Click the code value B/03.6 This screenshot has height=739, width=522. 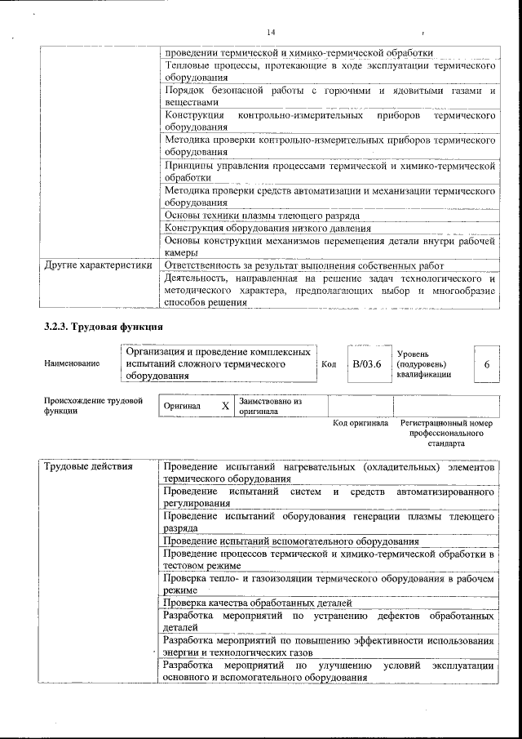coord(366,363)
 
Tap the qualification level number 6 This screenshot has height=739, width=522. coord(486,364)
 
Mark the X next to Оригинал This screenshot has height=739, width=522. coord(225,406)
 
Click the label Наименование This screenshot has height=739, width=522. coord(72,363)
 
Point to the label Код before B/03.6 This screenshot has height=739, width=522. coord(329,364)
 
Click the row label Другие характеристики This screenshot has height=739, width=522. coord(98,265)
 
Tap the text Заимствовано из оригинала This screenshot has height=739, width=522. coord(270,407)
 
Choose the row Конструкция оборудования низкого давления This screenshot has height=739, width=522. coord(268,228)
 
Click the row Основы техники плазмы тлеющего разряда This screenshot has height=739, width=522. coord(262,216)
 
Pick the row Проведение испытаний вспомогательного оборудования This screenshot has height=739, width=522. coord(291,541)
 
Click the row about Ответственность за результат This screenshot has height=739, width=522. coord(303,265)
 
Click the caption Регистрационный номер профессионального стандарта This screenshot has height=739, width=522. coord(447,434)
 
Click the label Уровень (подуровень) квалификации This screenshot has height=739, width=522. coord(421,364)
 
